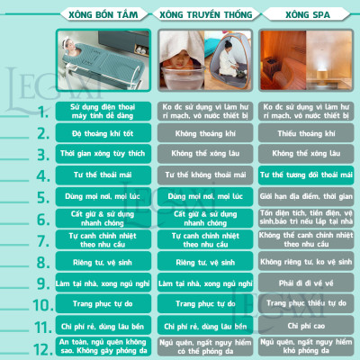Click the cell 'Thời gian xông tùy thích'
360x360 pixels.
(x=103, y=153)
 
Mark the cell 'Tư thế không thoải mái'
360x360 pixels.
(x=206, y=175)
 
